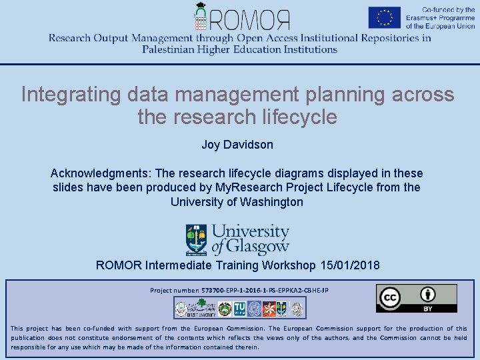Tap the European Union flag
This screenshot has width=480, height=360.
tap(384, 17)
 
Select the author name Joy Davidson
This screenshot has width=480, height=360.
tap(237, 144)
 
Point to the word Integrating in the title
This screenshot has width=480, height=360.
tap(65, 95)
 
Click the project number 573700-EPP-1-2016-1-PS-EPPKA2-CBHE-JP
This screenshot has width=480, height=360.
tap(265, 291)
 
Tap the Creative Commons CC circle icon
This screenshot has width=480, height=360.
tap(389, 298)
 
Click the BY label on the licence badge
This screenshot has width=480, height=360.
tap(428, 309)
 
